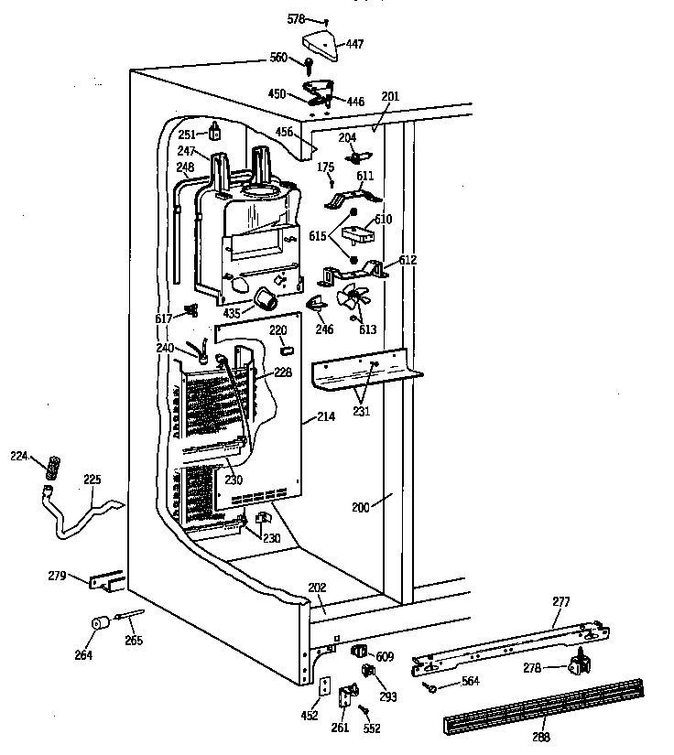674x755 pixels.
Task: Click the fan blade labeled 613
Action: point(352,299)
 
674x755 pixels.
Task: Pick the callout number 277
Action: point(560,601)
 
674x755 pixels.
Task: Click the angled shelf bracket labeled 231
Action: point(366,370)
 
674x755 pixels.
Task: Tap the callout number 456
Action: point(285,133)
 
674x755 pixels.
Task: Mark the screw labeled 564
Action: point(429,685)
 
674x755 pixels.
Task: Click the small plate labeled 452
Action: point(322,685)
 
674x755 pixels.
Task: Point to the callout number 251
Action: point(187,135)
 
